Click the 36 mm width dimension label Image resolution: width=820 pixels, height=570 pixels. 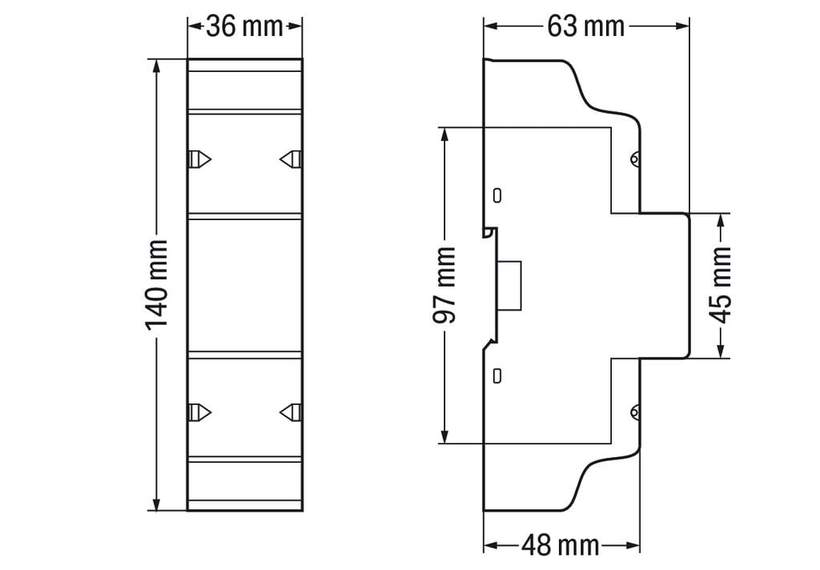point(244,26)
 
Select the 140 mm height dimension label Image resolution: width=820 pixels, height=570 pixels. point(156,285)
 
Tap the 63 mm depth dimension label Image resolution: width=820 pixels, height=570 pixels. point(585,26)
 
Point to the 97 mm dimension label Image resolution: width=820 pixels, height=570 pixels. point(444,285)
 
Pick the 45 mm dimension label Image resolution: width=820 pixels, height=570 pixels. point(722,285)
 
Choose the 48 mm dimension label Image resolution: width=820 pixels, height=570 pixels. point(560,546)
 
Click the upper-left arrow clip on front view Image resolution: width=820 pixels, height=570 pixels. point(199,159)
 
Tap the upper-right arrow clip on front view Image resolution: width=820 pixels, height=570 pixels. point(291,159)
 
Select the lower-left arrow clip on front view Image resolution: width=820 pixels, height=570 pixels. point(199,412)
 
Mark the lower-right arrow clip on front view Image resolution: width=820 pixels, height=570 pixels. point(291,412)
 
